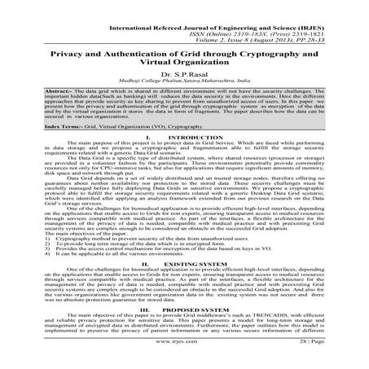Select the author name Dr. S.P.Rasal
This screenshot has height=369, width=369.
(184, 76)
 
